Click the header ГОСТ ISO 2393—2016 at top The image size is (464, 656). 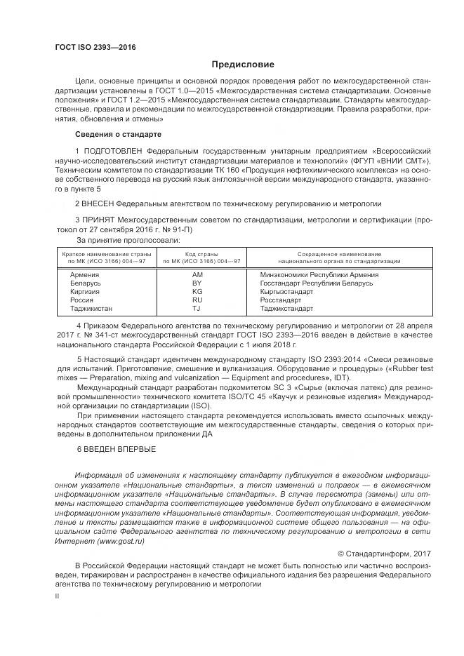click(x=95, y=48)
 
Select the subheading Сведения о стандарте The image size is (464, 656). click(x=118, y=133)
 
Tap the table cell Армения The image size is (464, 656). click(x=85, y=274)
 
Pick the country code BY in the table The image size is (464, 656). click(x=197, y=283)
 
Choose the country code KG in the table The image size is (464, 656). click(x=197, y=291)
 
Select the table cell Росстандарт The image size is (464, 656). click(x=280, y=300)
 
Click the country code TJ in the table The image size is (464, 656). click(x=197, y=308)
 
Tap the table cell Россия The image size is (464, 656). click(x=81, y=300)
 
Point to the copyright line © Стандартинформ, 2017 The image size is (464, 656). click(x=373, y=554)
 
